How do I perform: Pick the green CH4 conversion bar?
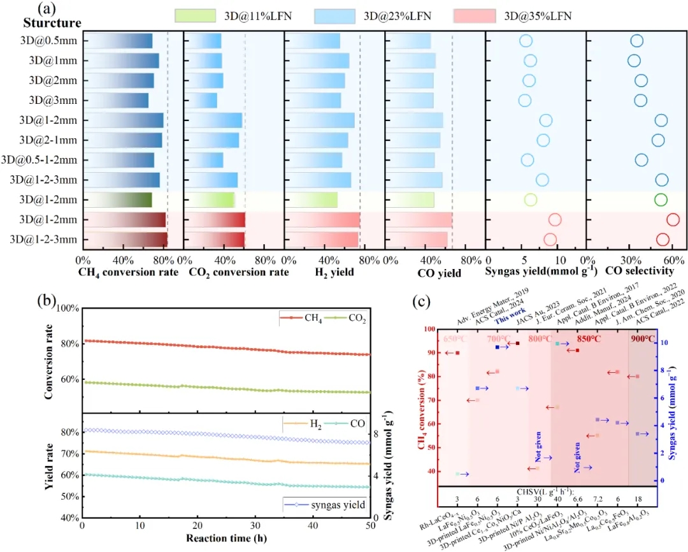pyautogui.click(x=120, y=200)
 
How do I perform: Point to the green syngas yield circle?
pyautogui.click(x=531, y=200)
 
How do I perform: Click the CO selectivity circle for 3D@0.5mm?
pyautogui.click(x=636, y=41)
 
